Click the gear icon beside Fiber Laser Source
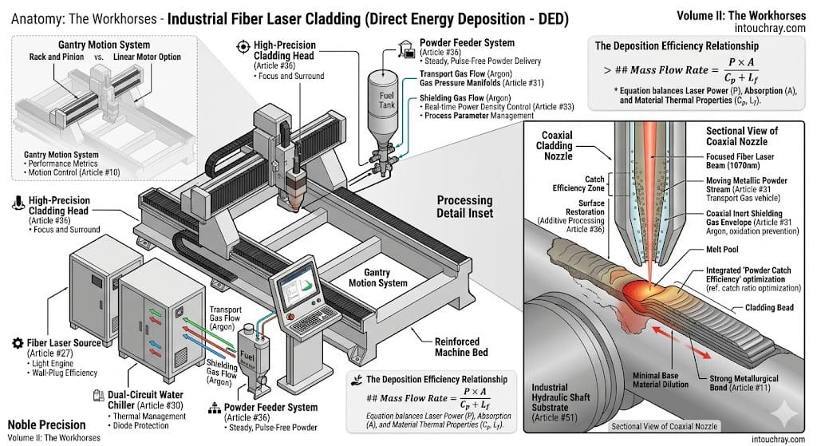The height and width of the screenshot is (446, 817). tap(17, 342)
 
